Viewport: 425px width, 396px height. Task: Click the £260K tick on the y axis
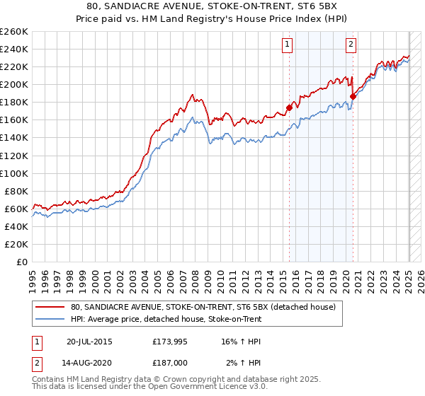(14, 31)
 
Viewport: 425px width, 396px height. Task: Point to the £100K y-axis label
(14, 173)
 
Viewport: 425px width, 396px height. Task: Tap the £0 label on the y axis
(23, 262)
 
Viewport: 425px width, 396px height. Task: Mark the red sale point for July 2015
(289, 107)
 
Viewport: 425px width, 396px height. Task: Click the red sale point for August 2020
(353, 96)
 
